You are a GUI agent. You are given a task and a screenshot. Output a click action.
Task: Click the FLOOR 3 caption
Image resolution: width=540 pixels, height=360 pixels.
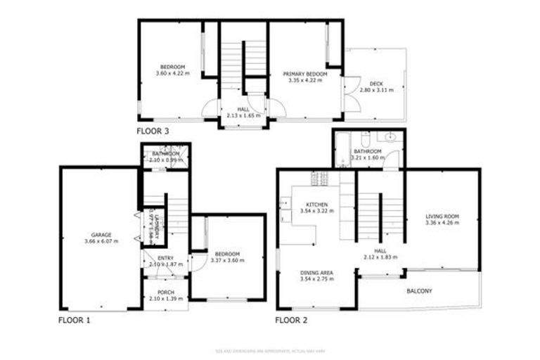point(153,131)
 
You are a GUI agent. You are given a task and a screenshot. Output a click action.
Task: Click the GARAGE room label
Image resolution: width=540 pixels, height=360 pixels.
point(101,235)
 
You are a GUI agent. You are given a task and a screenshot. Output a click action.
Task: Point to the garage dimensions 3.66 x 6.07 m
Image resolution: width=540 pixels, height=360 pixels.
point(101,241)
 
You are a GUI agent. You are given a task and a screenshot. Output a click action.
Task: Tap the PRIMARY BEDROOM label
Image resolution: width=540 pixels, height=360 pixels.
point(305,74)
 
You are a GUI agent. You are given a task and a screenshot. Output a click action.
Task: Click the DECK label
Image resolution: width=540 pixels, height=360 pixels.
point(376,84)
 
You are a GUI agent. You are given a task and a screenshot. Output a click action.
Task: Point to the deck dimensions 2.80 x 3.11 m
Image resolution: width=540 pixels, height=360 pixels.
point(376,91)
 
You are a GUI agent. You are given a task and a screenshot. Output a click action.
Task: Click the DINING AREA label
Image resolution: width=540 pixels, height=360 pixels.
point(316,273)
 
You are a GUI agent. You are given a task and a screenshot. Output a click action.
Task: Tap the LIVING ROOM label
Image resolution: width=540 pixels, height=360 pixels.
point(442,217)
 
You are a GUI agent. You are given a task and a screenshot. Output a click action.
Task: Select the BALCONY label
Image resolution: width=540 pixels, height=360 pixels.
point(419,291)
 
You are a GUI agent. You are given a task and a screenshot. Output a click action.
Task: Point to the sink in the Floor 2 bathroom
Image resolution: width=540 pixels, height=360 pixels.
point(391,137)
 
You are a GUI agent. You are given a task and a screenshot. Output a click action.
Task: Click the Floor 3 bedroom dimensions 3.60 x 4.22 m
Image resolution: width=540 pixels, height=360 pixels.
point(173,73)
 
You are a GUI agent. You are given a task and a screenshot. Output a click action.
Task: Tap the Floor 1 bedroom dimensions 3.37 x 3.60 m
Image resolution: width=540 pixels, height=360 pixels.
point(227,261)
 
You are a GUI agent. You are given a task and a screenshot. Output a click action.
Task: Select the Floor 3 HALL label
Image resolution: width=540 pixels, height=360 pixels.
point(243,110)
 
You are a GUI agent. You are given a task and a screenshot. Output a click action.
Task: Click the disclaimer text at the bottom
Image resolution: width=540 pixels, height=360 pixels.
point(269,351)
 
